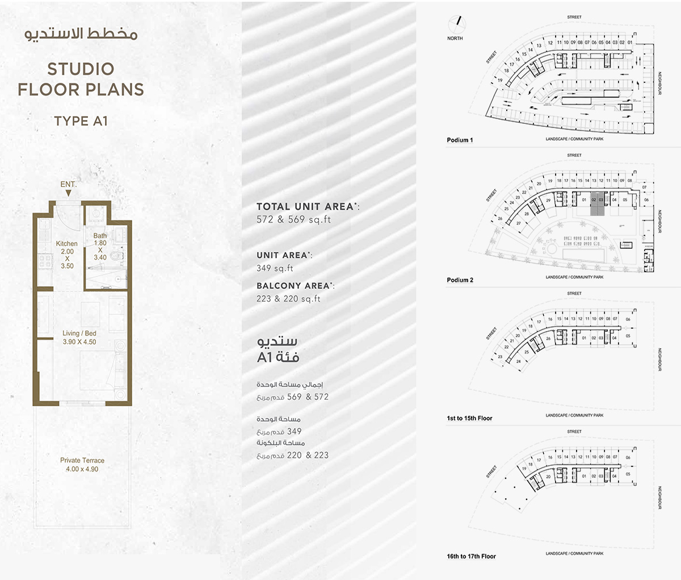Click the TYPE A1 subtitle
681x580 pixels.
pyautogui.click(x=81, y=121)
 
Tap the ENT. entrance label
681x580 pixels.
pyautogui.click(x=68, y=184)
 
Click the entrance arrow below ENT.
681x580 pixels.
pyautogui.click(x=68, y=194)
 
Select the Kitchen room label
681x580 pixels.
pyautogui.click(x=67, y=244)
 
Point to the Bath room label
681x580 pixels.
pyautogui.click(x=100, y=236)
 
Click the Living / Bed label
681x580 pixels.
pyautogui.click(x=79, y=333)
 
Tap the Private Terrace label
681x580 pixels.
pyautogui.click(x=82, y=460)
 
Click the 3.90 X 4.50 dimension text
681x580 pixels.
pyautogui.click(x=79, y=342)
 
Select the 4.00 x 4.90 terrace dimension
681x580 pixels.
pyautogui.click(x=82, y=469)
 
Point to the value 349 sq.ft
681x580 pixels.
pyautogui.click(x=275, y=268)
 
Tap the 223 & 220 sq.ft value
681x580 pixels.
pyautogui.click(x=288, y=299)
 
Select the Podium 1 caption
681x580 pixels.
pyautogui.click(x=460, y=140)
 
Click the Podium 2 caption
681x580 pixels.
pyautogui.click(x=460, y=280)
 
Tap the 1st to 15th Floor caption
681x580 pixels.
pyautogui.click(x=469, y=418)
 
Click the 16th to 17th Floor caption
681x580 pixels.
pyautogui.click(x=471, y=556)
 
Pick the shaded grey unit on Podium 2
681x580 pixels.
pyautogui.click(x=596, y=205)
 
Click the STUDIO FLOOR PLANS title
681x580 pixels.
pyautogui.click(x=81, y=79)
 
